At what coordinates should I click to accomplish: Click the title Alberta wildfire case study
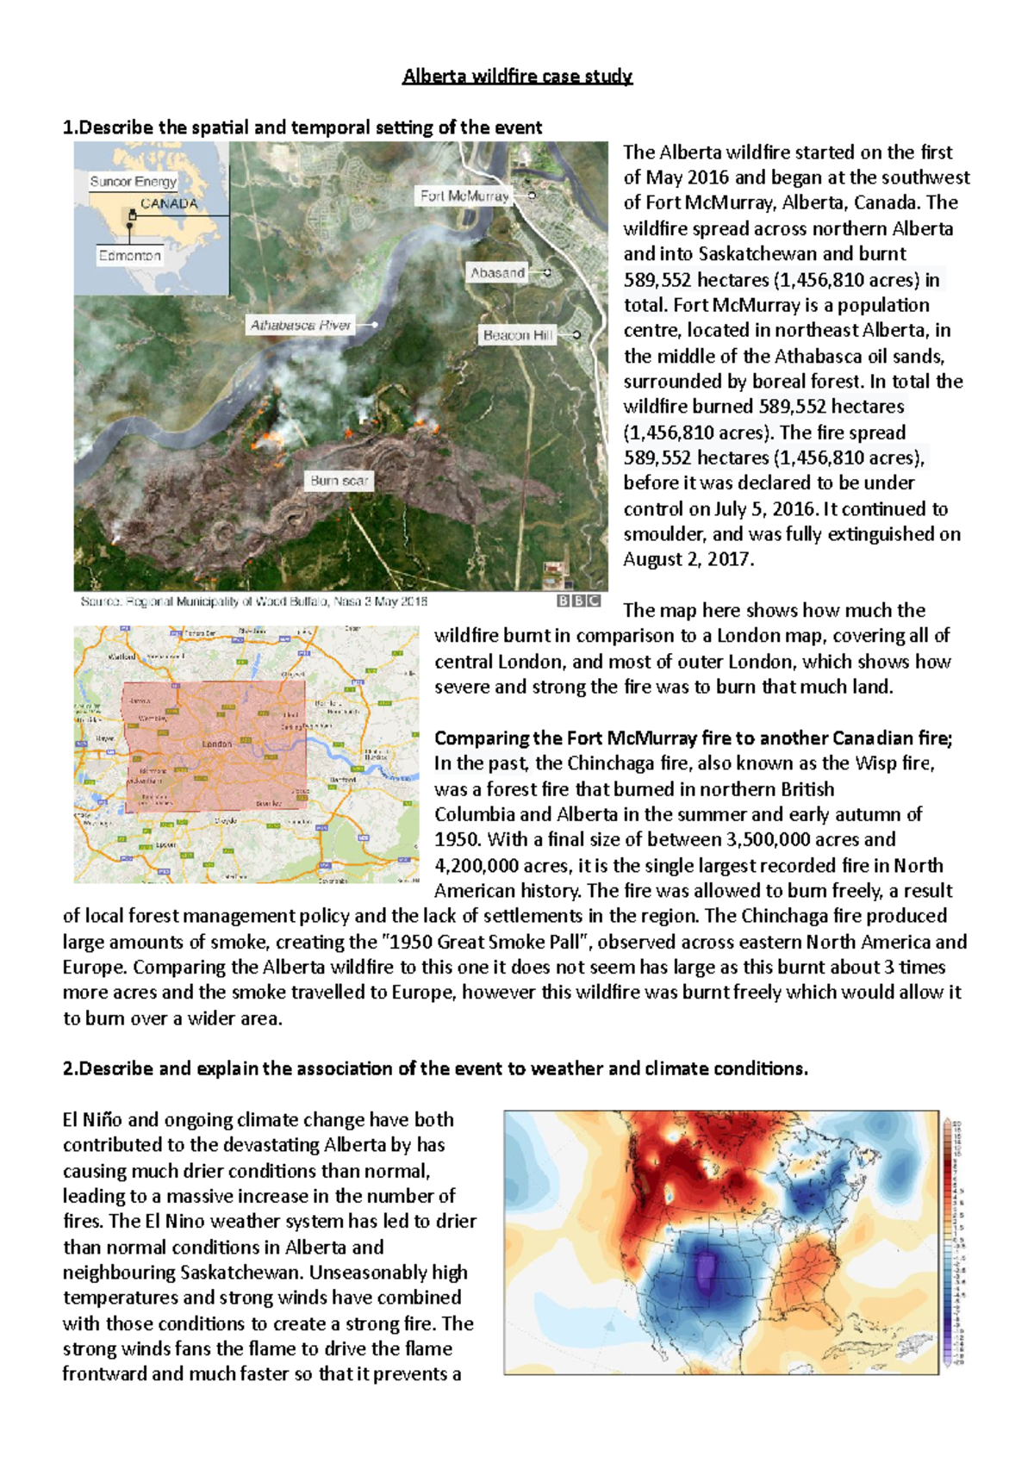pos(517,77)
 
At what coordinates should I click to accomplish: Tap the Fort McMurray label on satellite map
pos(464,196)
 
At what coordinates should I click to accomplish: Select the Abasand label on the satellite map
pos(497,273)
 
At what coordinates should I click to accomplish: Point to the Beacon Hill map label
pos(517,335)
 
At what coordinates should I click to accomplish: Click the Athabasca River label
pos(301,325)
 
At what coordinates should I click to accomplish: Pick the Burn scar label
pos(339,481)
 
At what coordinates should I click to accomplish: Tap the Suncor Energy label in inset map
pos(133,182)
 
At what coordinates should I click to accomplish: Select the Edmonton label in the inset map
pos(129,256)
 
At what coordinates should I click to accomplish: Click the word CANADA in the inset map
pos(169,204)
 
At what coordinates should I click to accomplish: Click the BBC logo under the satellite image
pos(578,601)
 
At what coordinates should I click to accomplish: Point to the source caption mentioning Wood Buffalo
pos(253,601)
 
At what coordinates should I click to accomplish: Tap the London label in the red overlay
pos(216,744)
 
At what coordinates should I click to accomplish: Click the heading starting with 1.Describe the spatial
pos(302,128)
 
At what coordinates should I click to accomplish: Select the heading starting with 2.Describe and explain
pos(435,1068)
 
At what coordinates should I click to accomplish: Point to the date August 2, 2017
pos(688,559)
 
